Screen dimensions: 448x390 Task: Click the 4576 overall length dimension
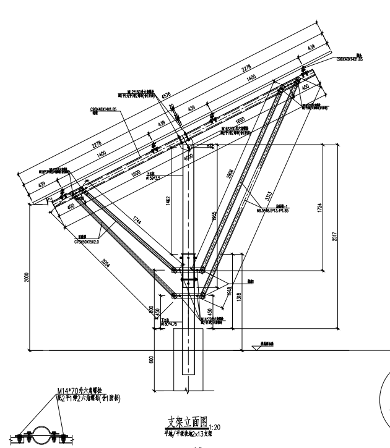166,96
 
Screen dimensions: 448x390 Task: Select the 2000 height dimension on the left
27,278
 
